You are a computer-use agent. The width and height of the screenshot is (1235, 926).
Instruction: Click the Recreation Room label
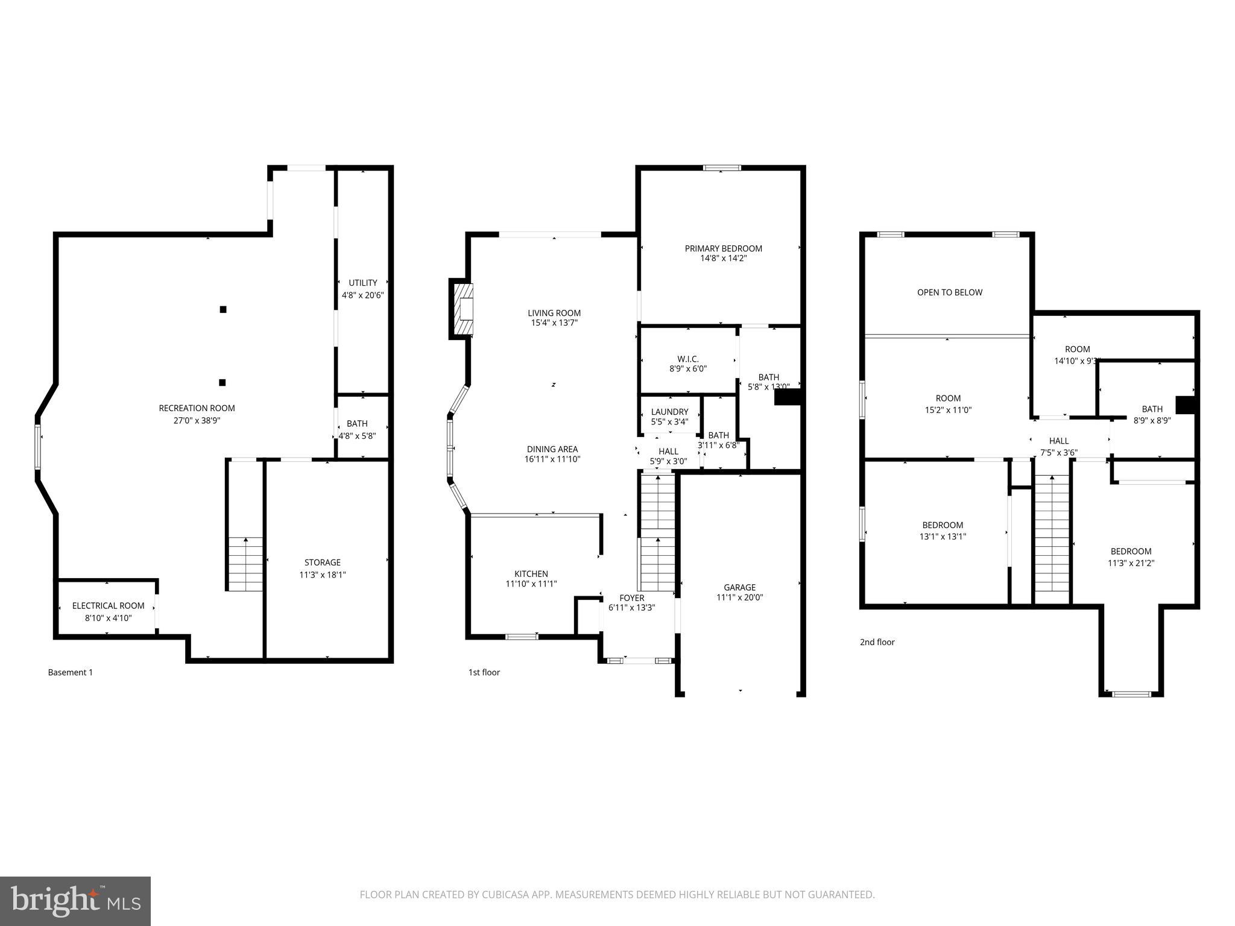pyautogui.click(x=197, y=408)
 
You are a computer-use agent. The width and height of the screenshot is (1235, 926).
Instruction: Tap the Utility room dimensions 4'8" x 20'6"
pyautogui.click(x=362, y=295)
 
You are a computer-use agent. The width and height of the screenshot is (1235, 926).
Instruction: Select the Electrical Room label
pyautogui.click(x=108, y=606)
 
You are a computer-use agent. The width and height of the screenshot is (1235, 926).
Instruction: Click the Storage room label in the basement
pyautogui.click(x=323, y=562)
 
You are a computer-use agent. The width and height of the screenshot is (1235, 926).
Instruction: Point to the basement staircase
pyautogui.click(x=245, y=564)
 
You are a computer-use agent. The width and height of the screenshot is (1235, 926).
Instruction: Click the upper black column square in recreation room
pyautogui.click(x=223, y=309)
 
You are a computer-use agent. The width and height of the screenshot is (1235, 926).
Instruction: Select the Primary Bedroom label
pyautogui.click(x=723, y=248)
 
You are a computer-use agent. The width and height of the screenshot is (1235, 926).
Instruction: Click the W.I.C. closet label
pyautogui.click(x=687, y=359)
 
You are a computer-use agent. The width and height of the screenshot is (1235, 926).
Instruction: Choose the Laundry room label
pyautogui.click(x=669, y=412)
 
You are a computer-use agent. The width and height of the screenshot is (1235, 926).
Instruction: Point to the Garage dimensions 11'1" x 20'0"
pyautogui.click(x=739, y=597)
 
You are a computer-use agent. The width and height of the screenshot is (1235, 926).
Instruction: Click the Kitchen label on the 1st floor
pyautogui.click(x=531, y=574)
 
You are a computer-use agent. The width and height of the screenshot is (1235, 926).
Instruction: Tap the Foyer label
pyautogui.click(x=631, y=598)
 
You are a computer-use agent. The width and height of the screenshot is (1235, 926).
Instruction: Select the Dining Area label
pyautogui.click(x=552, y=449)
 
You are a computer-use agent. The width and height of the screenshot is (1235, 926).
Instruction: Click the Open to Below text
pyautogui.click(x=949, y=292)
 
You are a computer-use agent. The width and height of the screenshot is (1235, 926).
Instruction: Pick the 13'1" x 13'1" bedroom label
pyautogui.click(x=942, y=525)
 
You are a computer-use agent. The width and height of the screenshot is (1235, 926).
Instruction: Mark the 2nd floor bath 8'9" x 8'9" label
pyautogui.click(x=1152, y=409)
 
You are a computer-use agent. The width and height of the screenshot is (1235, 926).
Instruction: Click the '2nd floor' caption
pyautogui.click(x=877, y=642)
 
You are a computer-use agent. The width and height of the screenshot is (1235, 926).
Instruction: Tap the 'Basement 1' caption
pyautogui.click(x=70, y=672)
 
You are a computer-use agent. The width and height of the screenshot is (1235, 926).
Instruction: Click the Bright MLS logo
pyautogui.click(x=75, y=901)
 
